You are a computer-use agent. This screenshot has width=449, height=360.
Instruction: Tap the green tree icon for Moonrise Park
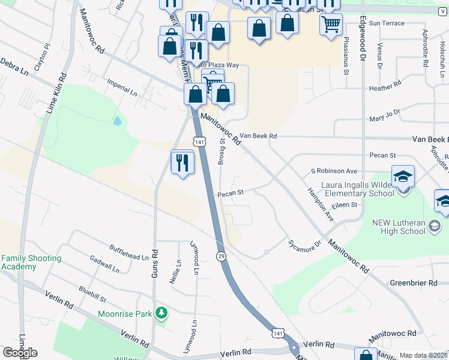tap(160, 313)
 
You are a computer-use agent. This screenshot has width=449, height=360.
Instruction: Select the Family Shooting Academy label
tap(31, 262)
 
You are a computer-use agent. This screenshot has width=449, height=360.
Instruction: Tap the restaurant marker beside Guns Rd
tap(182, 163)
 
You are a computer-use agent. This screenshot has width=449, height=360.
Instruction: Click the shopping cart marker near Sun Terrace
tap(330, 25)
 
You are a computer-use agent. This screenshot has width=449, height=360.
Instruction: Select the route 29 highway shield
tap(221, 256)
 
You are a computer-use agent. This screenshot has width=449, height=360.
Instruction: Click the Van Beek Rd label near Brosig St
tap(258, 136)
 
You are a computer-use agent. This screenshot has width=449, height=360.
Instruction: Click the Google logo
tap(20, 353)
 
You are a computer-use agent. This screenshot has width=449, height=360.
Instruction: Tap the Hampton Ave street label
tap(320, 205)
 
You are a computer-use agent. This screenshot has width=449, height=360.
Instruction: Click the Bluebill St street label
tap(92, 295)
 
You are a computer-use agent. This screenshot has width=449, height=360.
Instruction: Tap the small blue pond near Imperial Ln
tap(117, 121)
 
